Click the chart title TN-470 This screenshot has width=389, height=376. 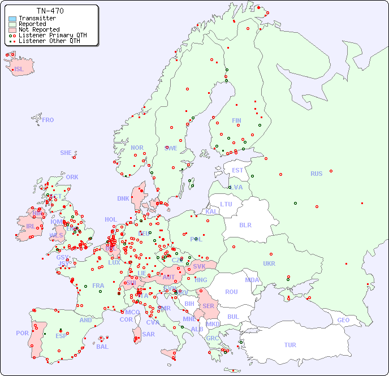tap(50, 11)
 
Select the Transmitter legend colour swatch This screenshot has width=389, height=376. tap(12, 19)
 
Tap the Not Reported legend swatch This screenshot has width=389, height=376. tap(12, 30)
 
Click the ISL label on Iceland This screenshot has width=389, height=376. tap(19, 70)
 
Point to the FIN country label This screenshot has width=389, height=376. tap(236, 120)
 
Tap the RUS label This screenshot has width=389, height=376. tap(316, 174)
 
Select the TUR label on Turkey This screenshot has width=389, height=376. tap(290, 345)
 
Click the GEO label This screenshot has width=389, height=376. tap(343, 320)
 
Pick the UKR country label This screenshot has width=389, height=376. tap(269, 263)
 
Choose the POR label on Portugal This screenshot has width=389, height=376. tap(22, 333)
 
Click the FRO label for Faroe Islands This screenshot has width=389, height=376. tap(48, 120)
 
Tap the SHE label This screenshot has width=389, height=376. tap(66, 153)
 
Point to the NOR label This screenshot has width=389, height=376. tap(137, 148)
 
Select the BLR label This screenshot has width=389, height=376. tap(245, 225)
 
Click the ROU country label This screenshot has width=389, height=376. tap(231, 292)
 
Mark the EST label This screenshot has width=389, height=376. tap(237, 170)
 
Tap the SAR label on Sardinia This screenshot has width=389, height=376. tap(149, 334)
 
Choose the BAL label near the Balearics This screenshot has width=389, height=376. tap(102, 347)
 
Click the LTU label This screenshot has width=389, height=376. tap(226, 204)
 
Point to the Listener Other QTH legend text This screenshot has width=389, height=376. tap(49, 41)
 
